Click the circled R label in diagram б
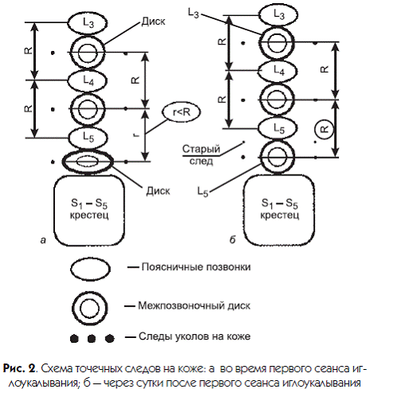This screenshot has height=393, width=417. pos(325,130)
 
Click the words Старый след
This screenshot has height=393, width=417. pos(201,155)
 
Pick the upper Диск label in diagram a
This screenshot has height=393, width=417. pos(153,22)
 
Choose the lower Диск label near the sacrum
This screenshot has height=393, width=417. pos(158,191)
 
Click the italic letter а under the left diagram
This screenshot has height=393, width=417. pos(43,240)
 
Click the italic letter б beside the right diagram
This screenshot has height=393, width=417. pos(233,240)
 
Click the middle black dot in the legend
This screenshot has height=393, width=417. pos(92,339)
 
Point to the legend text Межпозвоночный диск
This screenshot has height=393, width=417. pos(194,306)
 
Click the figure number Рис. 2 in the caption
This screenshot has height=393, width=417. pos(19,368)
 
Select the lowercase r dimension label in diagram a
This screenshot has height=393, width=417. pos(136,135)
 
